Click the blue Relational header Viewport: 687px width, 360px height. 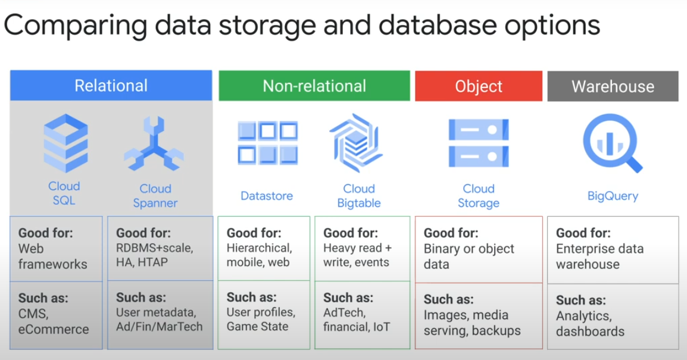coord(111,86)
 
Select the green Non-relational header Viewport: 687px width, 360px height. coord(314,86)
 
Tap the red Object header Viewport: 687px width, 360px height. coord(479,86)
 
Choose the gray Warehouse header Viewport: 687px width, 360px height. coord(613,86)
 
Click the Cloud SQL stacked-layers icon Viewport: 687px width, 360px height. coord(65,143)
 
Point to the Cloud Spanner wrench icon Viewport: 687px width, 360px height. coord(154,143)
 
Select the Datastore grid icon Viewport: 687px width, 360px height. coord(268,143)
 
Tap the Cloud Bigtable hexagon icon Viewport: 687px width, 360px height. coord(356,143)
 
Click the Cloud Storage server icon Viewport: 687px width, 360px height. coord(479,143)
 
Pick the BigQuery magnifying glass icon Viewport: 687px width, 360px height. coord(611,142)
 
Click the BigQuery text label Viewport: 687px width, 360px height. coord(613,196)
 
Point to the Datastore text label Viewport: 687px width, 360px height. coord(267,196)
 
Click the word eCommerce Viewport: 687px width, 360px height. coord(54,329)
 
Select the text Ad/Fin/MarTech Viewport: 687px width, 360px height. coord(160,327)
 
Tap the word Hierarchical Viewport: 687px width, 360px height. coord(260,248)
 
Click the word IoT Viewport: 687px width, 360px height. coord(381,327)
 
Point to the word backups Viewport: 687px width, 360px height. coord(496,331)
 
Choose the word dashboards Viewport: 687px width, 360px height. coord(590,331)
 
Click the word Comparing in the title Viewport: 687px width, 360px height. coord(76,26)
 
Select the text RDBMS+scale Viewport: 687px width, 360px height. coord(155,248)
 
